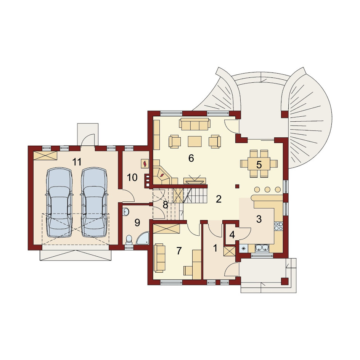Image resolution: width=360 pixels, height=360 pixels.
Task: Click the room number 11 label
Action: coord(77,162)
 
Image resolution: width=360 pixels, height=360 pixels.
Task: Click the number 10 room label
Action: coord(132,177)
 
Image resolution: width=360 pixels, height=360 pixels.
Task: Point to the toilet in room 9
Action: coord(129,240)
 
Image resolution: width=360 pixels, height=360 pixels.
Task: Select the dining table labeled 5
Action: coord(259,164)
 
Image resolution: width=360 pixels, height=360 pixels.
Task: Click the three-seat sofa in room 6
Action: coord(195,124)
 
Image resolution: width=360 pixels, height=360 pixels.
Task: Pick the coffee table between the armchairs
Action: coord(195,141)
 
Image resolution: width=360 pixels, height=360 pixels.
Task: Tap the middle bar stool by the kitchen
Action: coord(267,190)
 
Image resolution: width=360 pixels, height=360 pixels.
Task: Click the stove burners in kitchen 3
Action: coord(278,226)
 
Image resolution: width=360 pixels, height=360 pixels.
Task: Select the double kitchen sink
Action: coord(262,248)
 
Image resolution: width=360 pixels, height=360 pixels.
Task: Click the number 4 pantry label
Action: coord(232,235)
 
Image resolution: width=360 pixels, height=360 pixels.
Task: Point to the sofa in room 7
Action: coord(159,259)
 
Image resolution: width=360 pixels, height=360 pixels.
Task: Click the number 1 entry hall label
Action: coord(215,248)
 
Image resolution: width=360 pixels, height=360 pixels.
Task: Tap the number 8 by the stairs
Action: coord(165,205)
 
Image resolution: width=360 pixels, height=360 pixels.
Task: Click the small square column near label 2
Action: coord(238,186)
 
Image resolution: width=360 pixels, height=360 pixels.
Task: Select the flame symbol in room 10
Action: coord(145,164)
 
